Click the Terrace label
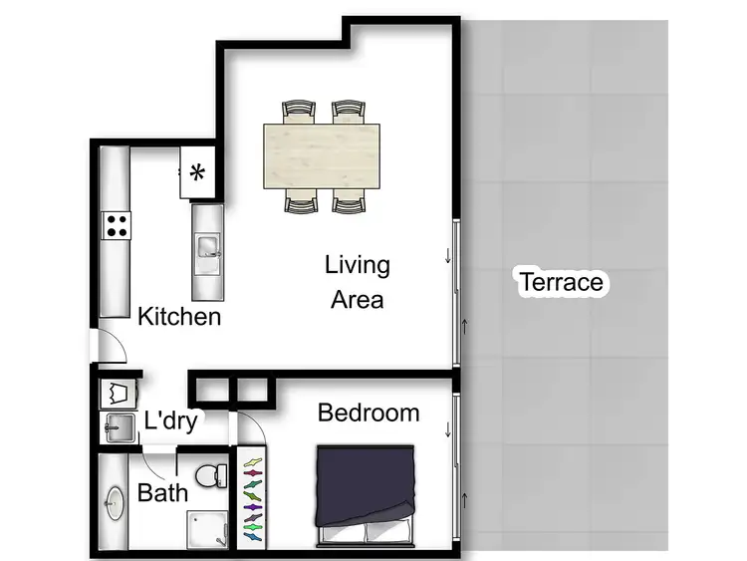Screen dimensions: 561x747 click(x=561, y=282)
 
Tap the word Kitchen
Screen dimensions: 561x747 click(x=179, y=317)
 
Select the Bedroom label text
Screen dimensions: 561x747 click(x=368, y=413)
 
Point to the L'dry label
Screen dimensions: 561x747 click(x=170, y=421)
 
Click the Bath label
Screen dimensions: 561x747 click(x=162, y=492)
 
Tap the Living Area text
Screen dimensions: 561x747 click(x=358, y=282)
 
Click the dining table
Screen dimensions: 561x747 click(x=322, y=155)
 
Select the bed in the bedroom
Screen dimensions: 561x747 click(x=366, y=495)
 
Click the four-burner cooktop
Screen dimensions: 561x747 click(x=117, y=225)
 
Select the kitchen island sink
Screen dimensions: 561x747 click(x=208, y=245)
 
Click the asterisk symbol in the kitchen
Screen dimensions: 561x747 click(x=197, y=173)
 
